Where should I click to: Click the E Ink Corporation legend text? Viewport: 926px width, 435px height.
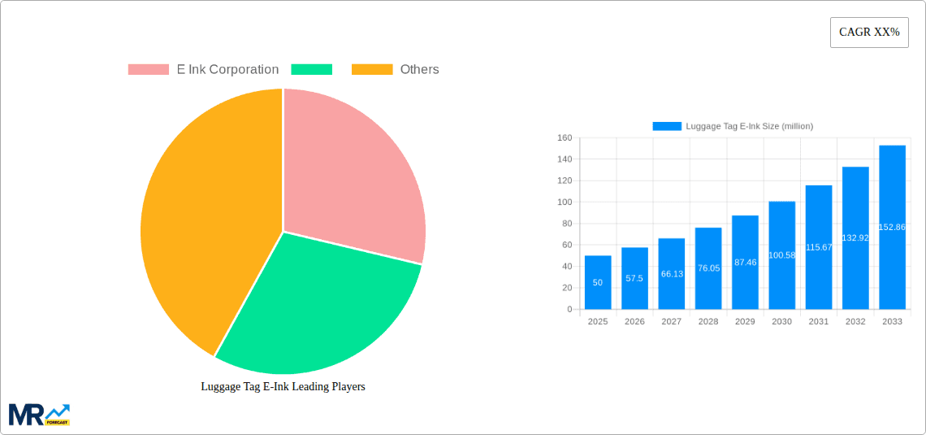(227, 70)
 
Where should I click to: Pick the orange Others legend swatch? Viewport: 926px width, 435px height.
(371, 70)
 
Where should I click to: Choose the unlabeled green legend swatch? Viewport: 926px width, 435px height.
(311, 70)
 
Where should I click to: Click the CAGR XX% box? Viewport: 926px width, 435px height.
(868, 33)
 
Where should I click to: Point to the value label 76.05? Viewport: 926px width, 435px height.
(708, 268)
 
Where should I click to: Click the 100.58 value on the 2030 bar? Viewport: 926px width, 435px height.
(781, 255)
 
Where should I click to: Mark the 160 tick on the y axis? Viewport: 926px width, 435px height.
(564, 138)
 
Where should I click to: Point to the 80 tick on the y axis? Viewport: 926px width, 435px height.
(566, 224)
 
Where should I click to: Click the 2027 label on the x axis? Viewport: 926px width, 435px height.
(672, 322)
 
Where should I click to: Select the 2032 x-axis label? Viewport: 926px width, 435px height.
(855, 322)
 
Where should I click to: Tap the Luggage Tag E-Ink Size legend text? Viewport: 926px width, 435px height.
(749, 126)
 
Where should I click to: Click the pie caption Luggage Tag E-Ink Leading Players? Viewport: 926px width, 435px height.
(283, 386)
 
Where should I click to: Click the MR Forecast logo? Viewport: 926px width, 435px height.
(39, 414)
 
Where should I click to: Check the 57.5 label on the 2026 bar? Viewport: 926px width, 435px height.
(634, 278)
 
